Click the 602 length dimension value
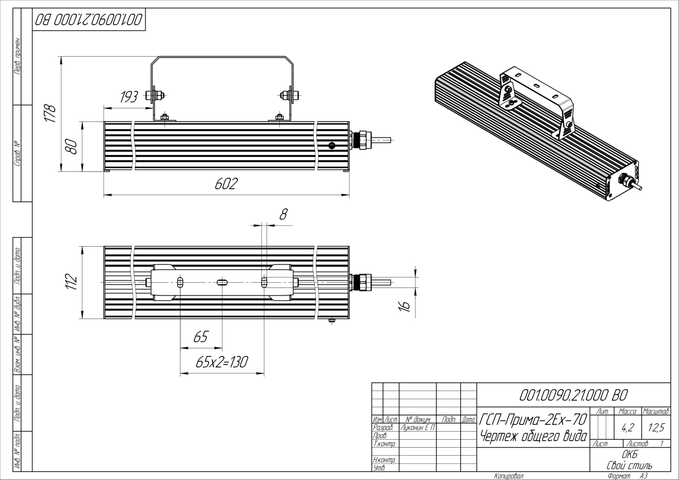[x=226, y=184]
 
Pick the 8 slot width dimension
[x=283, y=214]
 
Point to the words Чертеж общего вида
[x=533, y=437]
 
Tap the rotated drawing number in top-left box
[x=89, y=21]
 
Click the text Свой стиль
[x=629, y=465]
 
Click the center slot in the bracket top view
[x=222, y=283]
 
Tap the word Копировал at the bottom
[x=509, y=476]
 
